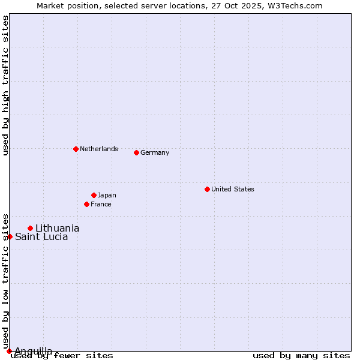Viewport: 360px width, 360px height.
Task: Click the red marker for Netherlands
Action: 76,149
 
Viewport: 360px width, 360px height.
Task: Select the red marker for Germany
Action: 136,152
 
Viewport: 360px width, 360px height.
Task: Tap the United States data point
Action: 207,189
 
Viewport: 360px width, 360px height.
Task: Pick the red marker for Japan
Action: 94,195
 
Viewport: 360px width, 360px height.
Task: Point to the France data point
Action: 86,204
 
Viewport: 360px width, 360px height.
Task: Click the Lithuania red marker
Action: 30,228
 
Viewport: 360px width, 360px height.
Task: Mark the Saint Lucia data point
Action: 10,236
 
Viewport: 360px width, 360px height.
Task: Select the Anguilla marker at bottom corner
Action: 9,351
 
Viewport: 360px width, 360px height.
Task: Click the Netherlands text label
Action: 99,149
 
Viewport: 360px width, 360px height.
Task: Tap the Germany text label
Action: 155,152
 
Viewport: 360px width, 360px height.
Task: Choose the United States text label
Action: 233,189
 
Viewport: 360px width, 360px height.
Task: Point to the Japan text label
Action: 107,195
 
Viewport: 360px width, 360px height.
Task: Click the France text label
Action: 101,204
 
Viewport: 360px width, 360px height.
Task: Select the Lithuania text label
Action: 58,228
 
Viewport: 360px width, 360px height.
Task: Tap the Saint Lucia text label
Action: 41,236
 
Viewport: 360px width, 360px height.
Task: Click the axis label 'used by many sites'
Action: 301,356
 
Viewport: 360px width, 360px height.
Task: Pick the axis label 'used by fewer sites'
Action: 62,356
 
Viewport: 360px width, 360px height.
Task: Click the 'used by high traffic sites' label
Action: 5,85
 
